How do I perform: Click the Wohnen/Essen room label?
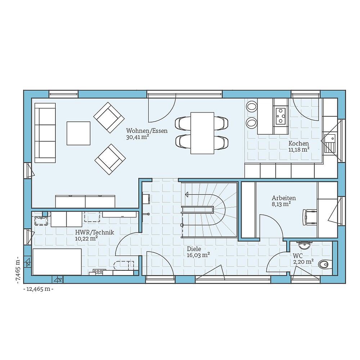tap(147, 131)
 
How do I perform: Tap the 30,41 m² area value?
tap(138, 137)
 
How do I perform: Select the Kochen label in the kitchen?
tap(298, 143)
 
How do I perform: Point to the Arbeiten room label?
tap(284, 198)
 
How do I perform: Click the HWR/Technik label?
tap(94, 232)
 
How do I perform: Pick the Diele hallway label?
tap(194, 249)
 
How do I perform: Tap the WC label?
tap(298, 255)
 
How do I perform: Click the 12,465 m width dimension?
tap(38, 289)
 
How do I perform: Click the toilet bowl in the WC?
tap(324, 265)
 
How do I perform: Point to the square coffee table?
tap(78, 133)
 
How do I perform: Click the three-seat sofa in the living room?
tap(45, 132)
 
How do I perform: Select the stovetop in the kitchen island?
tap(280, 116)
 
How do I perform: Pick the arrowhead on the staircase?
tap(187, 194)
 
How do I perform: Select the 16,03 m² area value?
tap(199, 255)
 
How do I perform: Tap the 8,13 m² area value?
tap(281, 204)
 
